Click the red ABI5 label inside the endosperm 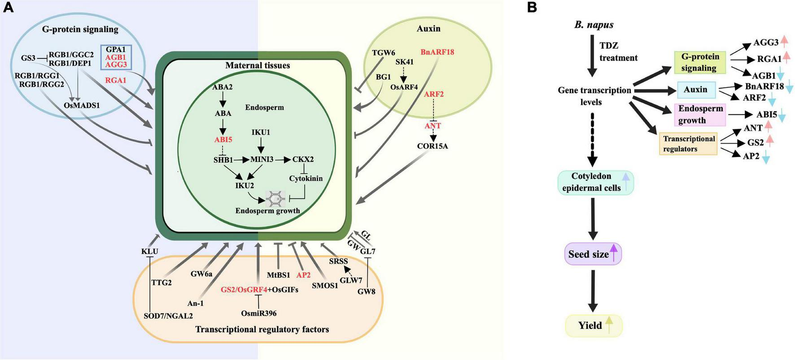coord(223,140)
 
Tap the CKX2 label coord(303,159)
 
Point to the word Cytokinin coord(306,178)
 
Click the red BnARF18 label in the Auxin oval coord(437,52)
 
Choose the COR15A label coord(432,146)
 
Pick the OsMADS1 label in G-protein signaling coord(82,105)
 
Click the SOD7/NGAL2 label coord(168,316)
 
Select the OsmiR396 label coord(258,313)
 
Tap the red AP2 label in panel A coord(303,275)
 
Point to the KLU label coord(149,251)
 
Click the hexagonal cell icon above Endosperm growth coord(275,198)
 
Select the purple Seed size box coord(593,254)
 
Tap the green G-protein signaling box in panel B coord(700,62)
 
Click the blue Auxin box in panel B coord(696,90)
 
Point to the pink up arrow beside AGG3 coord(784,42)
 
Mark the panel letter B coord(532,8)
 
